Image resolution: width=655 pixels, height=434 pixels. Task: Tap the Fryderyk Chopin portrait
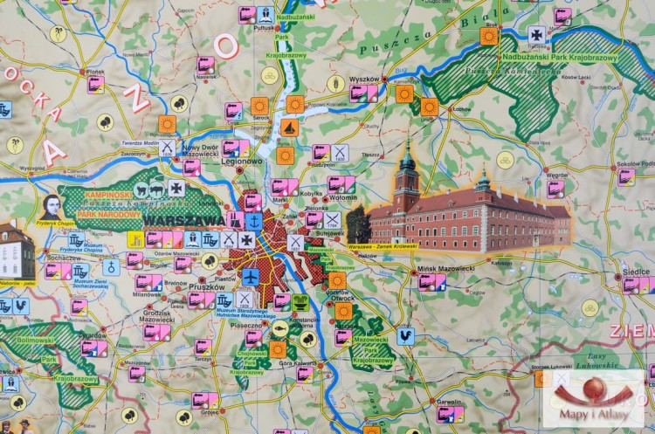pos(52,208)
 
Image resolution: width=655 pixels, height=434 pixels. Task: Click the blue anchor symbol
pos(249,238)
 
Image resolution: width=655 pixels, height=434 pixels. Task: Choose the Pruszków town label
pos(231,286)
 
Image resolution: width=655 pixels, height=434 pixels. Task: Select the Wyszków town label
pos(363,79)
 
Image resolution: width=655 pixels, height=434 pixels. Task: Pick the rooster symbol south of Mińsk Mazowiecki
pos(405,336)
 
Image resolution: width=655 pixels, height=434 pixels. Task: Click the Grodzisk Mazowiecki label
pos(157,317)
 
